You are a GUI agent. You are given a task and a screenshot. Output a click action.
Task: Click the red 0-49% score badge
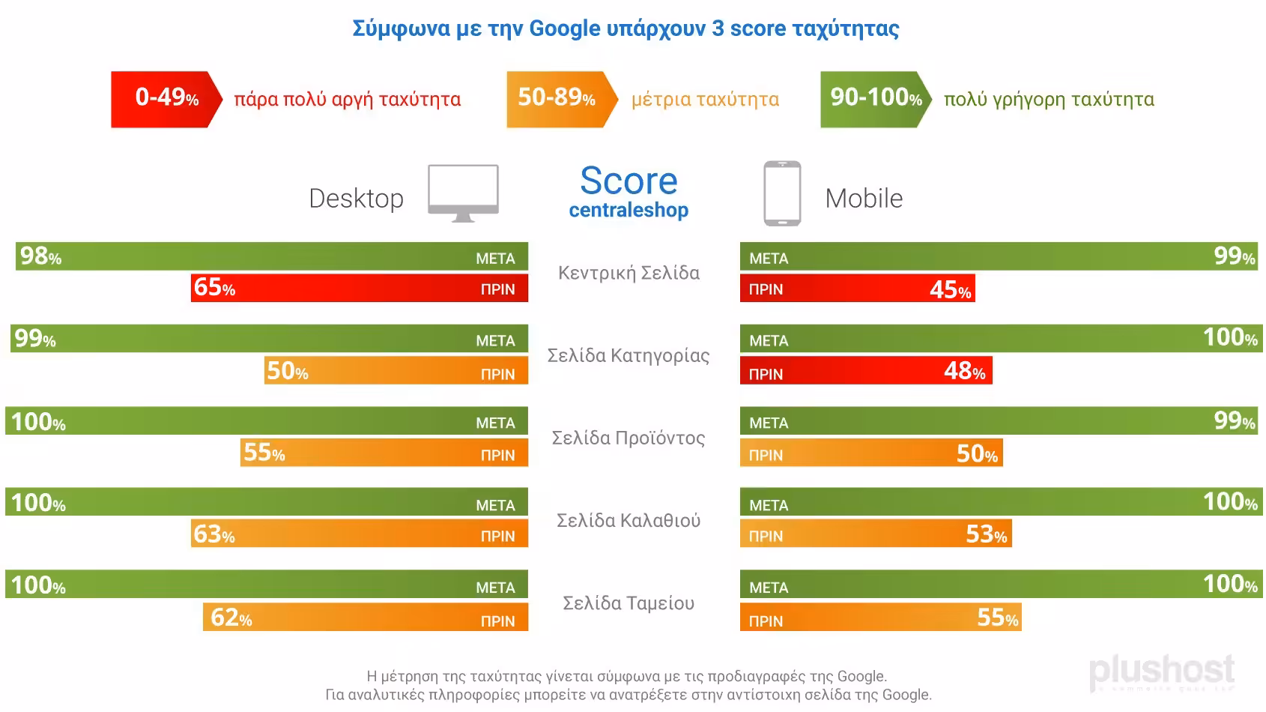[x=166, y=99]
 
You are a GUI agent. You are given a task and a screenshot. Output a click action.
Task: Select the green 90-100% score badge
[x=875, y=99]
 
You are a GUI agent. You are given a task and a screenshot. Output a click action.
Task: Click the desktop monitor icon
[x=463, y=193]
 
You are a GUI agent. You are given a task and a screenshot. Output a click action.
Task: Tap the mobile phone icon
[x=782, y=193]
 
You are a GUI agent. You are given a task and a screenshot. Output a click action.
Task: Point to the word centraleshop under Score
[x=629, y=211]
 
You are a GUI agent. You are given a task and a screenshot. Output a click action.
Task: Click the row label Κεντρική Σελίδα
[x=629, y=273]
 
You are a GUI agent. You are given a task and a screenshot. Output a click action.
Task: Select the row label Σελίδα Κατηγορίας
[x=629, y=355]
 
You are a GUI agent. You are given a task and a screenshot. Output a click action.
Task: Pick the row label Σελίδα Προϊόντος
[x=629, y=438]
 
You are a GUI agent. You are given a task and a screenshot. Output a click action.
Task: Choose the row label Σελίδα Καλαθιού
[x=629, y=520]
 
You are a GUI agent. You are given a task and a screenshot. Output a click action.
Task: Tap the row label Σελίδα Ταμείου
[x=629, y=603]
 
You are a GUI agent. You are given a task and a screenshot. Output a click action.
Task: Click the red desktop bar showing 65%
[x=360, y=288]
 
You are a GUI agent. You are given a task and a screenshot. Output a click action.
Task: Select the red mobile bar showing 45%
[x=857, y=289]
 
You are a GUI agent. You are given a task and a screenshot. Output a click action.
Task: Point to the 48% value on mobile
[x=965, y=371]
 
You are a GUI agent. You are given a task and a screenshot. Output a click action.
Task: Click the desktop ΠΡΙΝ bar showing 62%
[x=366, y=617]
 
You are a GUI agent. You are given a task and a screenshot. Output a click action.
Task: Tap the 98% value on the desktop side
[x=40, y=256]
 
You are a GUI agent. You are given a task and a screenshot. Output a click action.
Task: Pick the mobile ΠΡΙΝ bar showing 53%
[x=876, y=534]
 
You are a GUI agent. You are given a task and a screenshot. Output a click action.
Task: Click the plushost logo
[x=1161, y=671]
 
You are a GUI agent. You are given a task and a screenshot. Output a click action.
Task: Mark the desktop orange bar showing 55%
[x=384, y=453]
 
